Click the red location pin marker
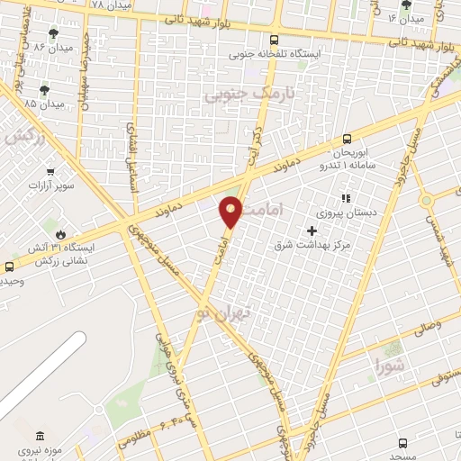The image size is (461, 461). point(231,211)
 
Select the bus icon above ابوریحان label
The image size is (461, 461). point(348,138)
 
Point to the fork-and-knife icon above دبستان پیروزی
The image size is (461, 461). point(343,198)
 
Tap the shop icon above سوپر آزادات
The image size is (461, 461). point(50,171)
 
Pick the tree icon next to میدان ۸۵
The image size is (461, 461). point(45,89)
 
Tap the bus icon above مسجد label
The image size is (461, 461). point(402,442)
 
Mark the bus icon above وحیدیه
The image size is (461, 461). point(9,267)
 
